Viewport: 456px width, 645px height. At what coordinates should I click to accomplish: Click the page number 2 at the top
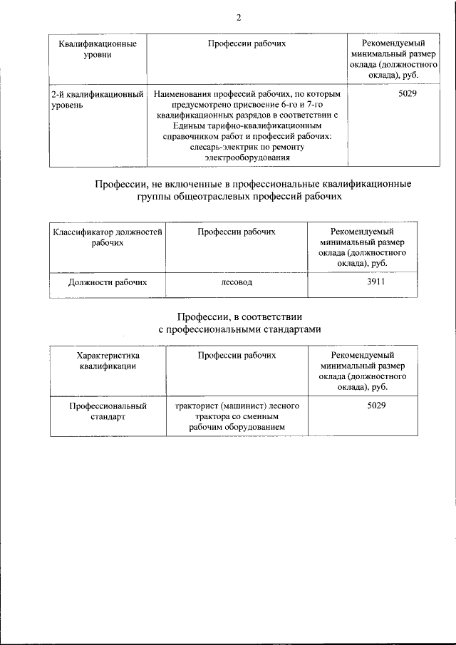239,18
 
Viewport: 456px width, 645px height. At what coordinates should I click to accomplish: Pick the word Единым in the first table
168,125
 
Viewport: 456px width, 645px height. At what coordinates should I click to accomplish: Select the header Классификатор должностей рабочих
107,237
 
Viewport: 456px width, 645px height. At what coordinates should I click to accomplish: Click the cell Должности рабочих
107,282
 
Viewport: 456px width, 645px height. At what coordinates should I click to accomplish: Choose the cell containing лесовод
237,282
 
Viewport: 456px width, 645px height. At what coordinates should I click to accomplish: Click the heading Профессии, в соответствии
239,323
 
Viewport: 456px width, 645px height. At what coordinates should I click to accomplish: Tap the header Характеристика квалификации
108,361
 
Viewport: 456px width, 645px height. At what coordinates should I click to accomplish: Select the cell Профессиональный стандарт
108,411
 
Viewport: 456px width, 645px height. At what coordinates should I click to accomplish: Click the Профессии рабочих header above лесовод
237,232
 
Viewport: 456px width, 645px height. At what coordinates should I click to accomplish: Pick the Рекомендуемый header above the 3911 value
363,232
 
